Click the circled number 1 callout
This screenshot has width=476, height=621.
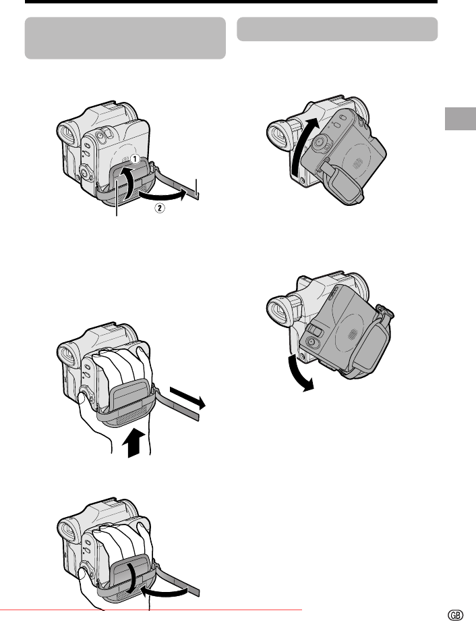coord(135,159)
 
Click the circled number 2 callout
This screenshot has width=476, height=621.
coord(160,207)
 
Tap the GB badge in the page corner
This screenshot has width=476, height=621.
coord(455,615)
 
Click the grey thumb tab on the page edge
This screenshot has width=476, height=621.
coord(460,118)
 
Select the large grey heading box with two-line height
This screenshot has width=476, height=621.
coord(125,38)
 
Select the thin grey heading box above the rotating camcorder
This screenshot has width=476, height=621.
coord(337,29)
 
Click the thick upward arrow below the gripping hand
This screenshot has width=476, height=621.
coord(131,442)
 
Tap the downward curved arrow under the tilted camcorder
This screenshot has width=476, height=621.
coord(299,373)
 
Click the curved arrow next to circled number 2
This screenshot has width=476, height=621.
coord(163,195)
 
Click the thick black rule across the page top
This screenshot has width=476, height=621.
coord(231,1)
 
